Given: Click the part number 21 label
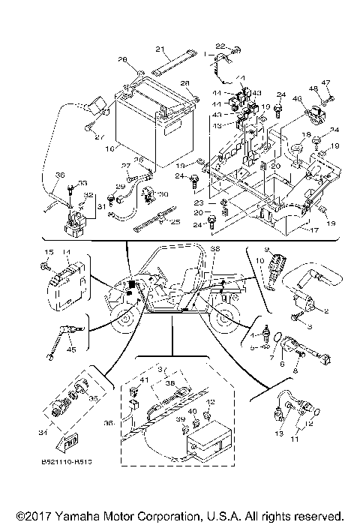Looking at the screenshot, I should pyautogui.click(x=159, y=49).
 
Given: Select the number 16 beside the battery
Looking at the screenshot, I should pyautogui.click(x=110, y=149).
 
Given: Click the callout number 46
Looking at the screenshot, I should pyautogui.click(x=296, y=98).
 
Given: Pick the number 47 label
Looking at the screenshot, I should pyautogui.click(x=326, y=82).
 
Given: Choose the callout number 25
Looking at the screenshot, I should pyautogui.click(x=175, y=222).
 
